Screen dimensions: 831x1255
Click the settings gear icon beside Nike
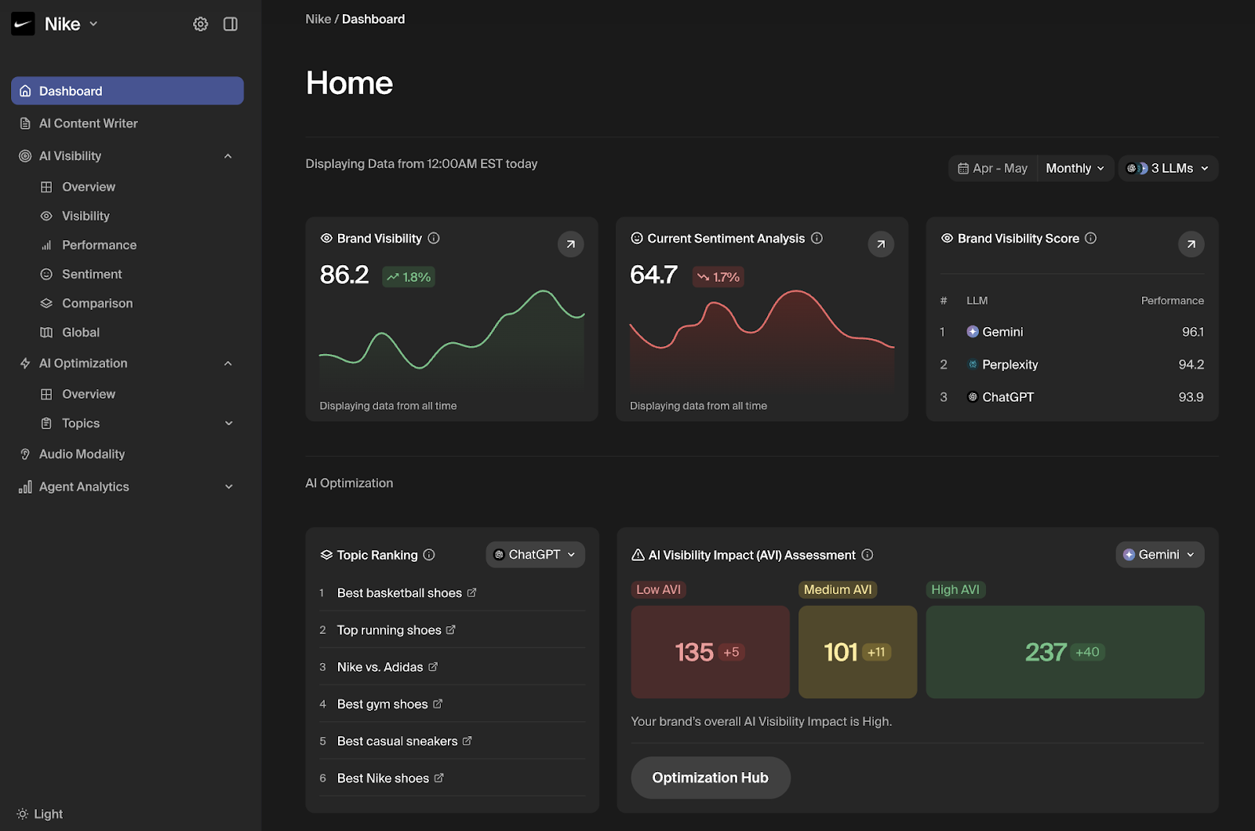pos(201,24)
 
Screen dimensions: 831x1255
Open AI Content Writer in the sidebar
pos(88,123)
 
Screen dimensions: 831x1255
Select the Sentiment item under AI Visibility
pos(92,274)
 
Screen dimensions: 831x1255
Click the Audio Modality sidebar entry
pos(82,454)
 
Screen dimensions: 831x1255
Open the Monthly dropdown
pos(1075,168)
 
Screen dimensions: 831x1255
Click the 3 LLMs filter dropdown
pos(1167,168)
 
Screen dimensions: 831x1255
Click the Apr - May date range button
pos(993,168)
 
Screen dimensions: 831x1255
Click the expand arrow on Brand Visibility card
pos(570,244)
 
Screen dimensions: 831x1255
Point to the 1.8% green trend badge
pos(409,277)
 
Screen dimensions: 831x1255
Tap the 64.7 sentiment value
pos(653,275)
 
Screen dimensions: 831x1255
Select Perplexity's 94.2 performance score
pos(1191,364)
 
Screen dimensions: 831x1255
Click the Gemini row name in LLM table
pos(1002,332)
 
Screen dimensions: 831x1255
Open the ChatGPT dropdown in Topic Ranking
pos(535,555)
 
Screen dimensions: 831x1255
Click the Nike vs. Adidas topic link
pos(380,667)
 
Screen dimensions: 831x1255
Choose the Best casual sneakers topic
pos(397,741)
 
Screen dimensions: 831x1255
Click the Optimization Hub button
pos(710,778)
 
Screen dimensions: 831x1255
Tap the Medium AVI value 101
pos(841,652)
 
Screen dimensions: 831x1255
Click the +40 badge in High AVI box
pos(1087,652)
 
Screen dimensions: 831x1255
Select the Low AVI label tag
pos(658,589)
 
